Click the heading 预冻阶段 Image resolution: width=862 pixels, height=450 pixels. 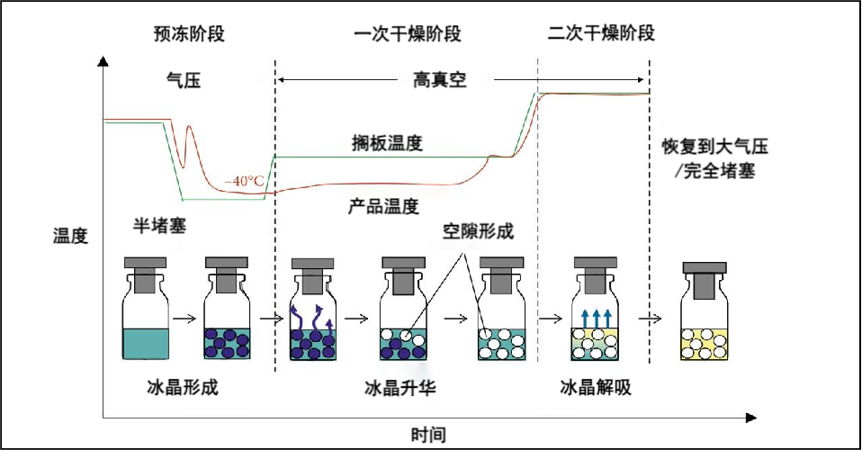[188, 34]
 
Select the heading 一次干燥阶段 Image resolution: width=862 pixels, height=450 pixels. [408, 34]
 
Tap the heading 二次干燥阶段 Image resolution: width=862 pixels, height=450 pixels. [600, 34]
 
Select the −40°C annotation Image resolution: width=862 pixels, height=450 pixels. [245, 180]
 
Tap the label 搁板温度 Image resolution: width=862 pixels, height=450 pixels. [387, 143]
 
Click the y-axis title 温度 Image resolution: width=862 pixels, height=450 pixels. [70, 237]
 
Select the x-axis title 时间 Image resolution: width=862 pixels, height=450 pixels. [429, 435]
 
